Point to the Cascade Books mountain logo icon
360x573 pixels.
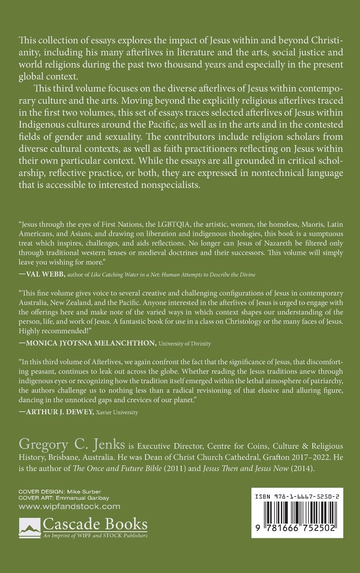(29, 526)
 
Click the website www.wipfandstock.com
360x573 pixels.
(69, 506)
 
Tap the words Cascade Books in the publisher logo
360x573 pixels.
(95, 525)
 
